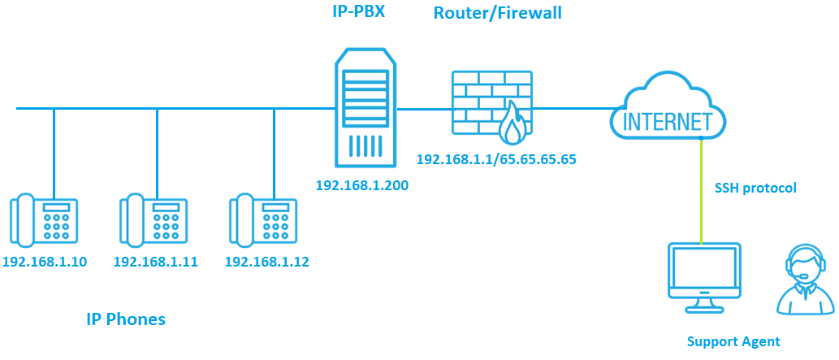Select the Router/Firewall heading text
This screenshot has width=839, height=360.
pos(497,13)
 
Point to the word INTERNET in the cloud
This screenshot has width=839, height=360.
pos(667,122)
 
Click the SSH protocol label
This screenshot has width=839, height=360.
pos(755,188)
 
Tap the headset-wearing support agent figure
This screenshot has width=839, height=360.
pos(804,280)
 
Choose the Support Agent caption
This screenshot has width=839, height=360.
pos(733,341)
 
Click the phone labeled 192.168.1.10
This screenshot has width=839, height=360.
pos(45,220)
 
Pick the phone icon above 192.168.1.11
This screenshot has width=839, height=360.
pos(155,220)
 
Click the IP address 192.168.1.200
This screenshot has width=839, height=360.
pos(361,185)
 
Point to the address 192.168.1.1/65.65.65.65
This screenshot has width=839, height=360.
pos(495,159)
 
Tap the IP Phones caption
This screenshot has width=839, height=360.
pos(125,319)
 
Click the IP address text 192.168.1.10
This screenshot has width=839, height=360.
pos(45,262)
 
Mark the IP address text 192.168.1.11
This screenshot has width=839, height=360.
pos(155,262)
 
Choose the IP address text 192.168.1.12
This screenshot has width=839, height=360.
pos(266,262)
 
